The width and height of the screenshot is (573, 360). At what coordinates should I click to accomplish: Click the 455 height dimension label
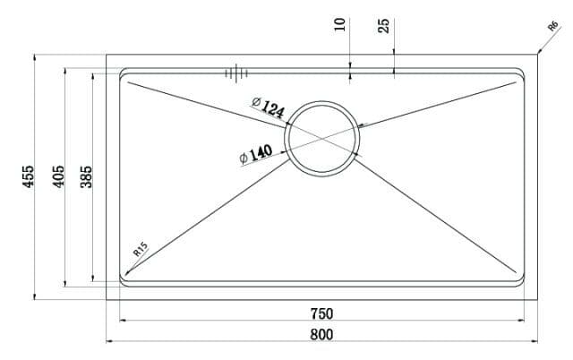pos(29,176)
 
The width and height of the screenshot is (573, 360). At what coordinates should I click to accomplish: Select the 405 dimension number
pos(58,176)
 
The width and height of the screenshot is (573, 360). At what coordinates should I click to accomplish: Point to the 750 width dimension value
pos(321,313)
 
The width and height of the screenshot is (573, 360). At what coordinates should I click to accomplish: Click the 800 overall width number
pos(321,334)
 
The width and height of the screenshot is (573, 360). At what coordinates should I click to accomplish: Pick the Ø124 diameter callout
pos(268,108)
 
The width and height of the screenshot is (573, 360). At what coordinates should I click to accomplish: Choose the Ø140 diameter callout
pos(256,154)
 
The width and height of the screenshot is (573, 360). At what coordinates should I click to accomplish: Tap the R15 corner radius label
pos(140,250)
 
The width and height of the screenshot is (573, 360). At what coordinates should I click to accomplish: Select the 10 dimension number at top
pos(339,24)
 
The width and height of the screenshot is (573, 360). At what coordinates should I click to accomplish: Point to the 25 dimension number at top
pos(384,24)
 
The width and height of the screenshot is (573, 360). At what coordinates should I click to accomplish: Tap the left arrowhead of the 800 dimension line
pos(109,341)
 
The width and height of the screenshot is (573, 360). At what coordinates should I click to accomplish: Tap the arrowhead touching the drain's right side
pos(361,125)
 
